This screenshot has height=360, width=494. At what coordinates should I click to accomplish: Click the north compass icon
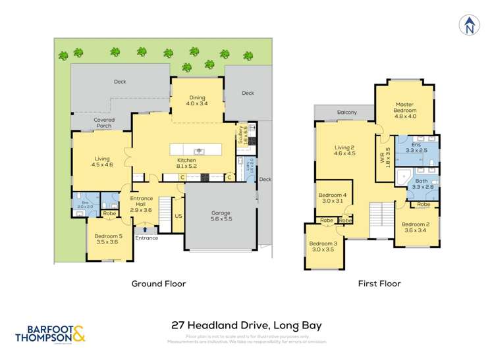[469, 24]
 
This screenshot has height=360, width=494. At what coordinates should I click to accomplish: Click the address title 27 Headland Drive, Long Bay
[246, 325]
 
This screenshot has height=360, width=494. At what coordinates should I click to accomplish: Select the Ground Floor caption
[158, 284]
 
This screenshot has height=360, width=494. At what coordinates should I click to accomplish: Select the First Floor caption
[379, 284]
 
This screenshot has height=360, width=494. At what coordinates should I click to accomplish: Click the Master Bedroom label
[404, 108]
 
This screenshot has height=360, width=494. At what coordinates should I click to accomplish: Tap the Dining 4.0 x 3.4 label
[196, 99]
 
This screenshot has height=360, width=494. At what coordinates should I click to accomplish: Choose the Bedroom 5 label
[108, 239]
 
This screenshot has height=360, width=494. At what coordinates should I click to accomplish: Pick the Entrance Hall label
[142, 203]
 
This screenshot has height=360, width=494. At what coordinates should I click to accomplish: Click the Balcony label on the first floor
[346, 113]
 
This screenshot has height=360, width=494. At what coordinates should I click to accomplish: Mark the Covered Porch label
[103, 123]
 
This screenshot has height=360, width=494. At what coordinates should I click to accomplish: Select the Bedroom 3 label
[322, 247]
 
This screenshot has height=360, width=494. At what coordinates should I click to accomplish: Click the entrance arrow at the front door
[145, 230]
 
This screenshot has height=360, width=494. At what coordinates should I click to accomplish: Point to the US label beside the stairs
[178, 216]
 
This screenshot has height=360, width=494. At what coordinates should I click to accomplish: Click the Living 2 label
[344, 150]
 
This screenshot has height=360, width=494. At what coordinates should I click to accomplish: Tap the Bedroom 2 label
[415, 227]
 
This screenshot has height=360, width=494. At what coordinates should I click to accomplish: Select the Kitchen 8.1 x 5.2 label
[186, 163]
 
